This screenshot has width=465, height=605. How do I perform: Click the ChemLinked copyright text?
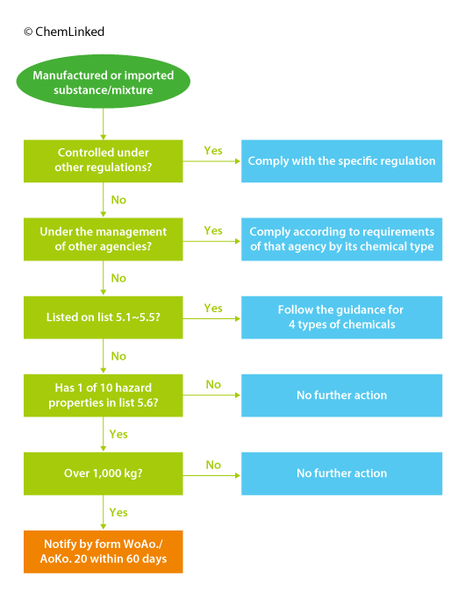[64, 32]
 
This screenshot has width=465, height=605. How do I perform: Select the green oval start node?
[104, 82]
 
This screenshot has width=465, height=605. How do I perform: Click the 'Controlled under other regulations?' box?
[104, 161]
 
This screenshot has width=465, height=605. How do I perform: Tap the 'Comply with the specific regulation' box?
[342, 161]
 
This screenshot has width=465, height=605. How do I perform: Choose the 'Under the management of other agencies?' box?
[104, 239]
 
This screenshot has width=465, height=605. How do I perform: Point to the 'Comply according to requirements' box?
[342, 239]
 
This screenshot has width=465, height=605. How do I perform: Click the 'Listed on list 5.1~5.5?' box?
[104, 317]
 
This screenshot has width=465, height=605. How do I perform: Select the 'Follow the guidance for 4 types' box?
[342, 317]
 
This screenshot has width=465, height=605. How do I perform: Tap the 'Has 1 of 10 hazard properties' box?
[104, 395]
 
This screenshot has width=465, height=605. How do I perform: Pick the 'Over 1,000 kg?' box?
[104, 473]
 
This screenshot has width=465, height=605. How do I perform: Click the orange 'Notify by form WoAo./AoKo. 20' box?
[104, 552]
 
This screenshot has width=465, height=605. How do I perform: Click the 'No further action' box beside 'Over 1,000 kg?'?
[342, 473]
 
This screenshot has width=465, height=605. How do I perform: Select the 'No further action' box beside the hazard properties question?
[342, 395]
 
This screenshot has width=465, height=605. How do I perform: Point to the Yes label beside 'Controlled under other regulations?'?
[213, 151]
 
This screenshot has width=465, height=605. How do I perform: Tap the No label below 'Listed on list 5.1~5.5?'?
[118, 356]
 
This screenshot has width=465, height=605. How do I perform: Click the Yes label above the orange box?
[118, 512]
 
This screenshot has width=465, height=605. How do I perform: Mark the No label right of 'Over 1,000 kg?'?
[213, 465]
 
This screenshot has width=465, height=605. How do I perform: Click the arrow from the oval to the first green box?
[104, 124]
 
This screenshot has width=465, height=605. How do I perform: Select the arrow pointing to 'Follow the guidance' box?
[211, 318]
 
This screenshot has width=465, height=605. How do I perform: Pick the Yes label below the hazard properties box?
[118, 434]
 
